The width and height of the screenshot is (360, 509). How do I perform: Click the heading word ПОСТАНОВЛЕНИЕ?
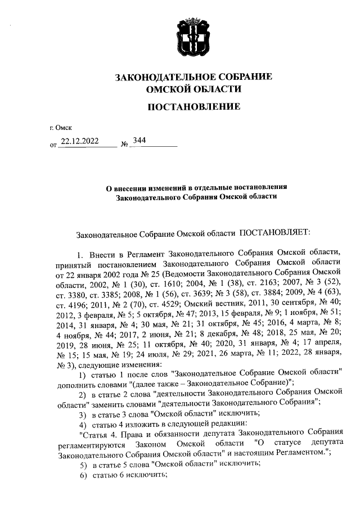[193, 107]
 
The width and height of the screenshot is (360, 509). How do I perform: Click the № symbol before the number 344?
[125, 145]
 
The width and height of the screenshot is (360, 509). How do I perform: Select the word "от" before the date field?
[53, 145]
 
